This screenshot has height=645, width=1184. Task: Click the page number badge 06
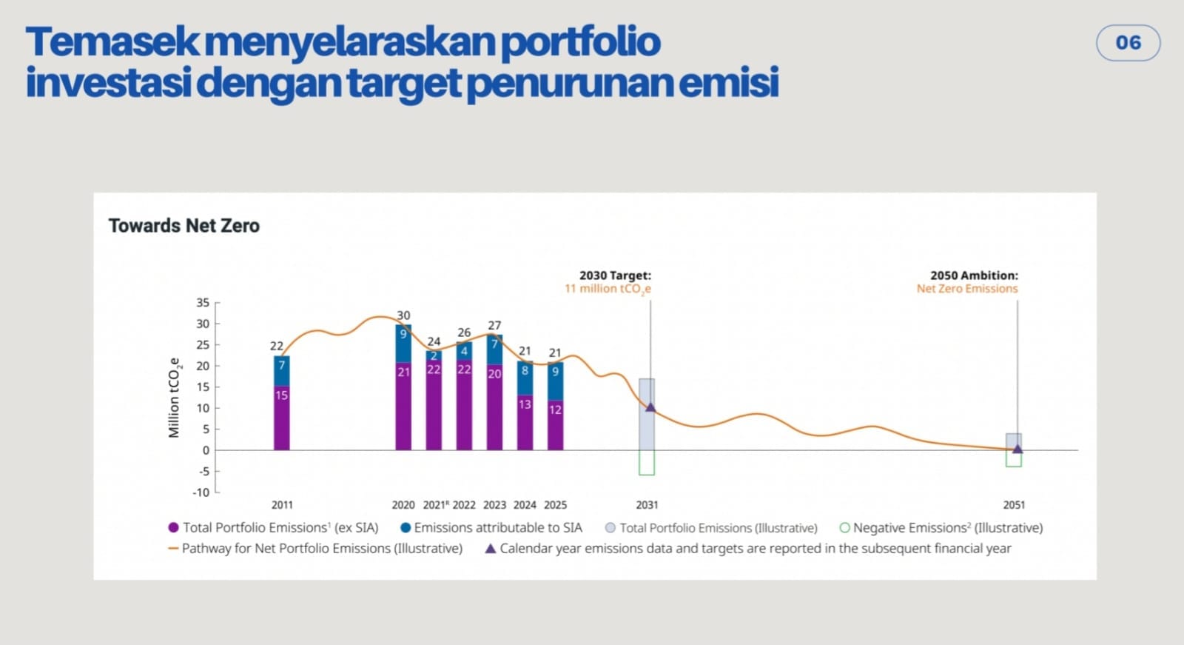click(x=1128, y=43)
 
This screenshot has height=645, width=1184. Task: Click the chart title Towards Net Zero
click(x=184, y=226)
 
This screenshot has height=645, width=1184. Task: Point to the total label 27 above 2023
click(x=494, y=325)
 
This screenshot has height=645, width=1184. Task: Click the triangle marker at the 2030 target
click(x=650, y=407)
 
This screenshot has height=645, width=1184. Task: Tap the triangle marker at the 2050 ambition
click(x=1017, y=449)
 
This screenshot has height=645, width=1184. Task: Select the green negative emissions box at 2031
click(x=647, y=463)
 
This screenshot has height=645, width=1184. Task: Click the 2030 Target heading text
click(x=615, y=275)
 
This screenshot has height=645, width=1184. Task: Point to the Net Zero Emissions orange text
click(x=967, y=289)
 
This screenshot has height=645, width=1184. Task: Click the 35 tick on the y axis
click(x=203, y=302)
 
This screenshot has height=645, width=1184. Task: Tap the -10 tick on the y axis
click(x=201, y=492)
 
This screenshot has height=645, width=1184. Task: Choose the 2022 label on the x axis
click(x=464, y=505)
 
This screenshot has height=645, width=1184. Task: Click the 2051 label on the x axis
click(x=1014, y=505)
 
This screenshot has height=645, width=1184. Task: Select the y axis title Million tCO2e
click(x=175, y=398)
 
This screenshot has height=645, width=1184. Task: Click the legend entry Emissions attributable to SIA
click(x=497, y=528)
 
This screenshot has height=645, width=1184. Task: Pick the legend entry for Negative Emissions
click(x=947, y=528)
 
